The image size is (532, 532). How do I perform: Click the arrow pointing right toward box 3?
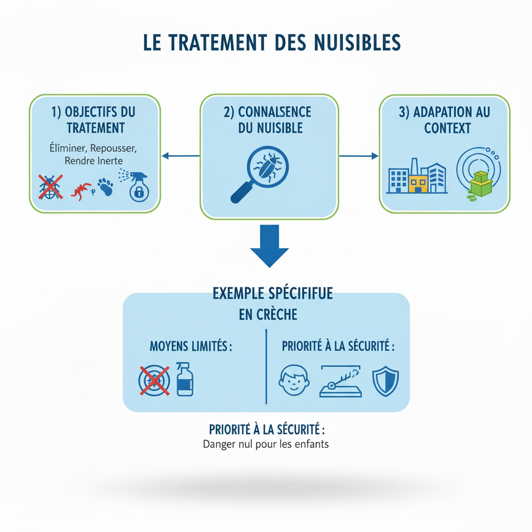click(358, 155)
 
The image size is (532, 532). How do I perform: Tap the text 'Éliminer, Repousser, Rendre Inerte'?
click(94, 154)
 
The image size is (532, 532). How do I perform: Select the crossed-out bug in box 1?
click(50, 187)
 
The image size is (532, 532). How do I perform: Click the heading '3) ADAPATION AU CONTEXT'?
click(444, 119)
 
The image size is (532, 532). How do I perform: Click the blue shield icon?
click(385, 381)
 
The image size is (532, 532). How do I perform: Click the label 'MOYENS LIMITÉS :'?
click(191, 346)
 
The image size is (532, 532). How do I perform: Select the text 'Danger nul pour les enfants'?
click(265, 444)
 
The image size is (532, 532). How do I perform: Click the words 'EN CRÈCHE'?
click(268, 314)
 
